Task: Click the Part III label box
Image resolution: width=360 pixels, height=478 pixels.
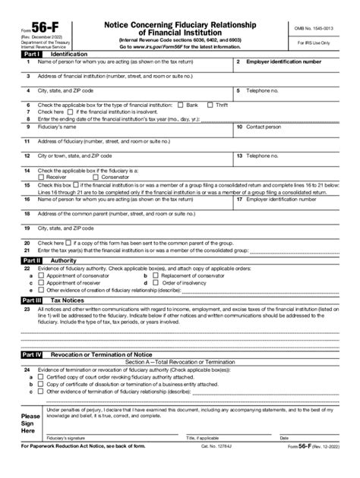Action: tap(30, 300)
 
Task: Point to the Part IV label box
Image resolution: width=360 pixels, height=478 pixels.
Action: tap(30, 354)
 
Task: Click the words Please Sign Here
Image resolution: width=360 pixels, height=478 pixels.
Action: tap(30, 424)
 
